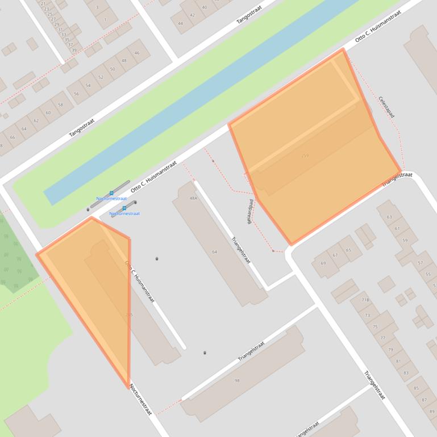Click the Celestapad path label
pyautogui.click(x=386, y=107)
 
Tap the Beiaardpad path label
pyautogui.click(x=250, y=212)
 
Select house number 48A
pyautogui.click(x=193, y=198)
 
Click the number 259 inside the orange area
pyautogui.click(x=305, y=156)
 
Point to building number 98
pyautogui.click(x=237, y=380)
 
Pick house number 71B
pyautogui.click(x=365, y=300)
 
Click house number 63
pyautogui.click(x=389, y=217)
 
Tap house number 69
pyautogui.click(x=323, y=263)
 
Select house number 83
pyautogui.click(x=406, y=373)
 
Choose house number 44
pyautogui.click(x=181, y=23)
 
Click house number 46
pyautogui.click(x=137, y=53)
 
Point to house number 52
pyautogui.click(x=101, y=77)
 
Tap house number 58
pyautogui.click(x=61, y=105)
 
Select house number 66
pyautogui.click(x=13, y=137)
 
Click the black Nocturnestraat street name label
pyautogui.click(x=140, y=400)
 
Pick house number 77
pyautogui.click(x=382, y=338)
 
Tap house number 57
pyautogui.click(x=421, y=263)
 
